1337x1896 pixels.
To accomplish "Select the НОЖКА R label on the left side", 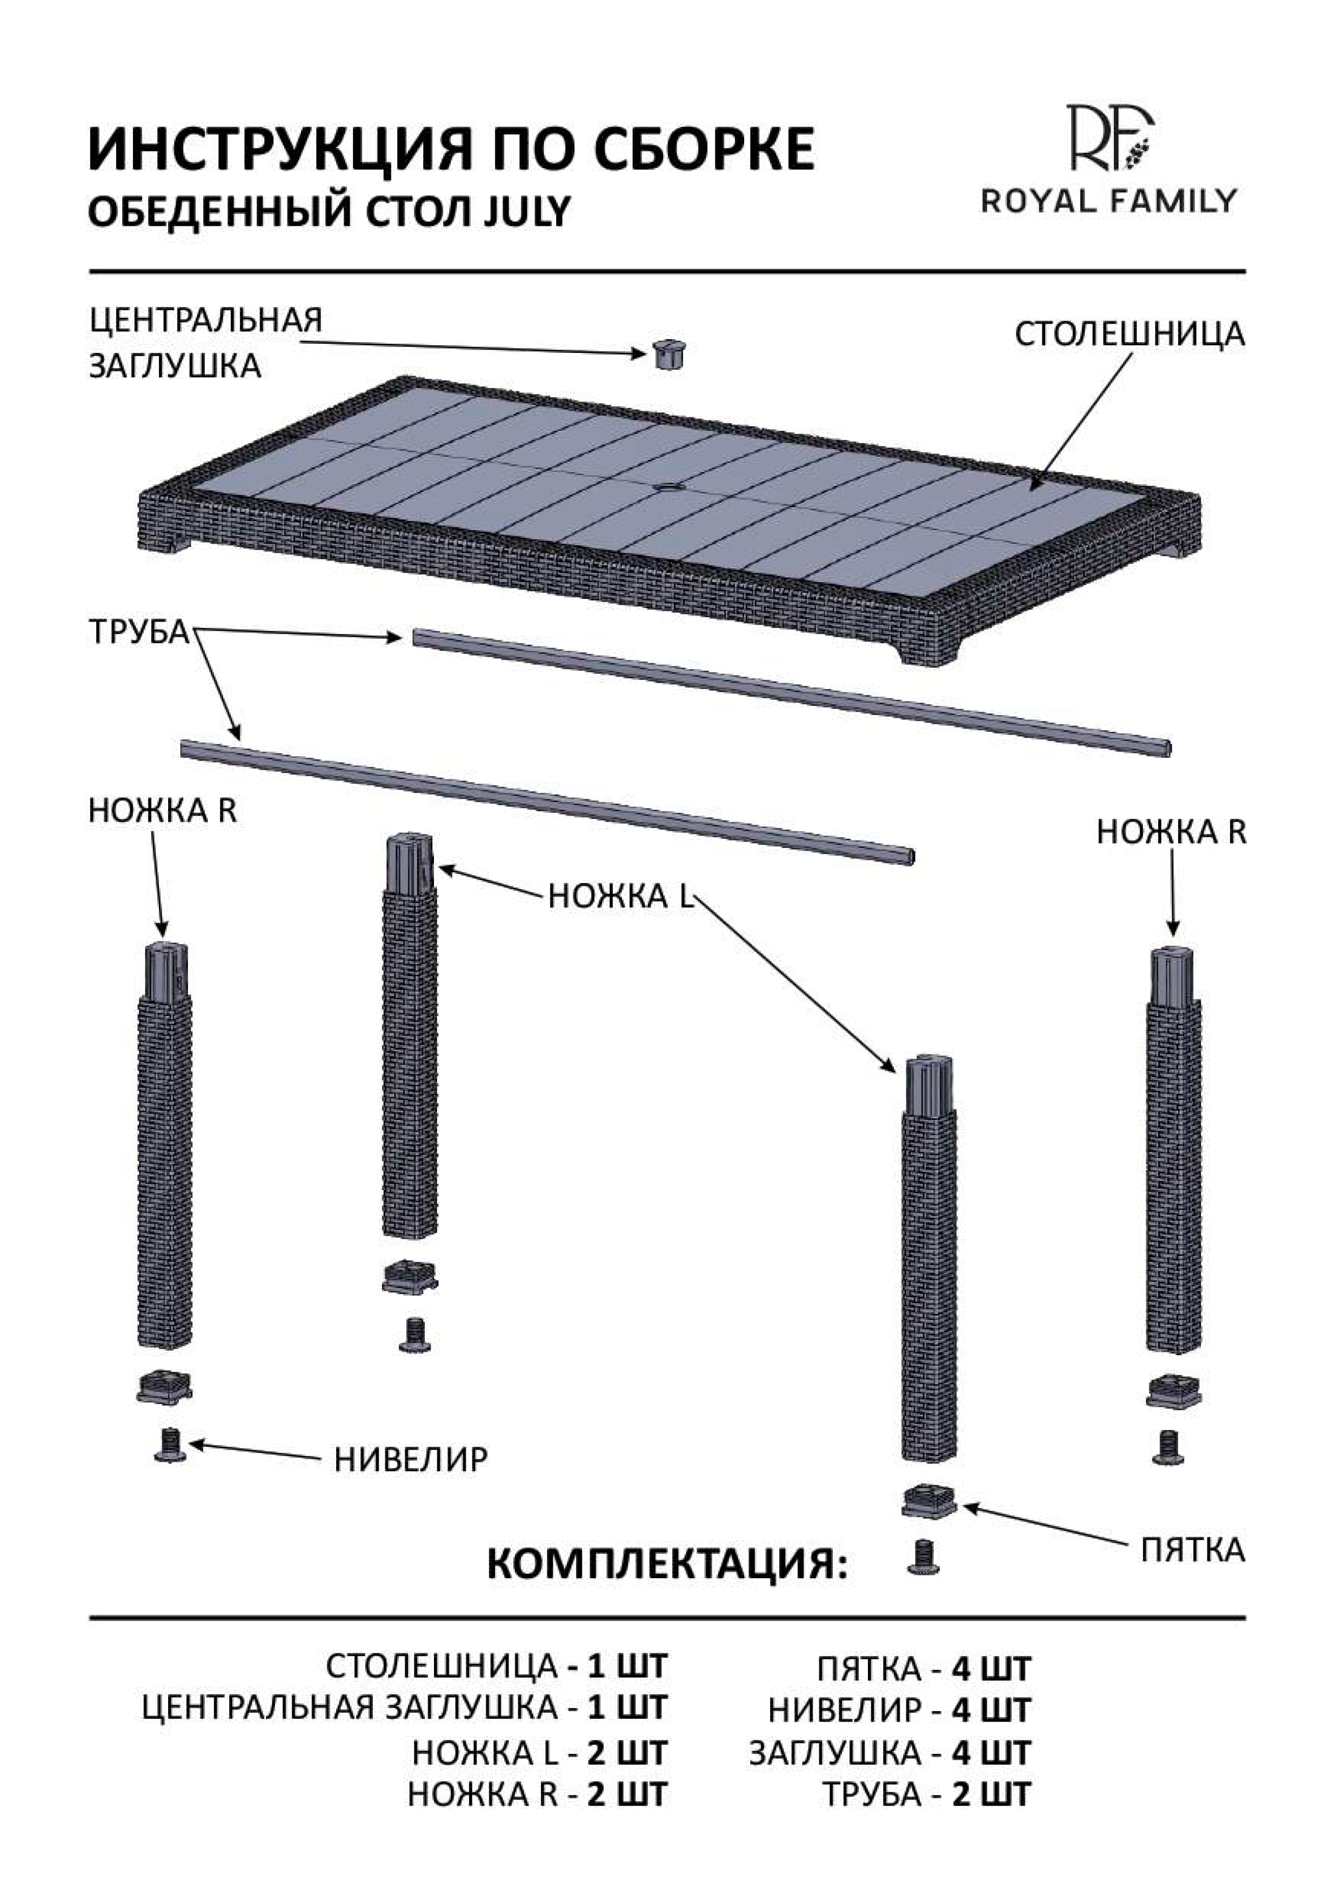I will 162,811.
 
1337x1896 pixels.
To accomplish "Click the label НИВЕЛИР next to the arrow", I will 410,1460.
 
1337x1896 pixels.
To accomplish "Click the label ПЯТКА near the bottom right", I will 1192,1550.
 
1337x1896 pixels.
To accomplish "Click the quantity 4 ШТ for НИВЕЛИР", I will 991,1710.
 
